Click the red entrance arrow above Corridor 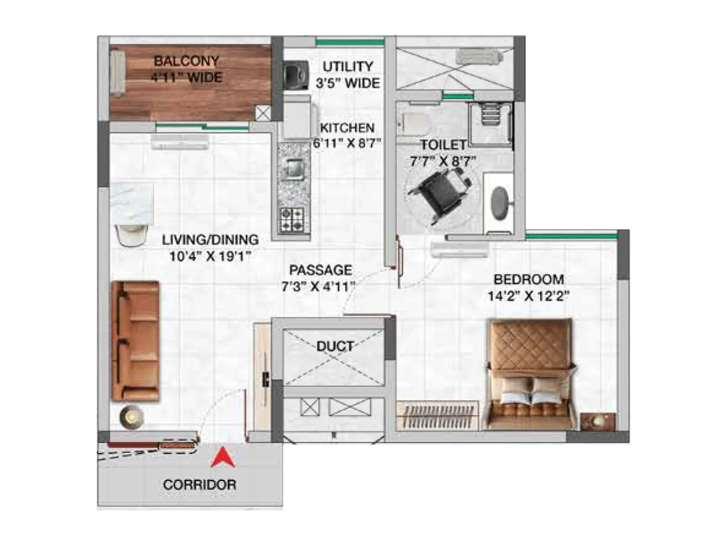point(223,459)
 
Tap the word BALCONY point(186,61)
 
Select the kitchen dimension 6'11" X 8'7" point(347,144)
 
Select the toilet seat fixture point(414,122)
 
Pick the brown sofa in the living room point(135,341)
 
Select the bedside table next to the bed point(599,421)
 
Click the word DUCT point(335,347)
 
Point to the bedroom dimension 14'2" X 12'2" point(528,296)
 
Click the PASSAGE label point(321,270)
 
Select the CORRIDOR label point(199,485)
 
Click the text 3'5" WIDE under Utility point(348,83)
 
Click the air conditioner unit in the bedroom point(459,250)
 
